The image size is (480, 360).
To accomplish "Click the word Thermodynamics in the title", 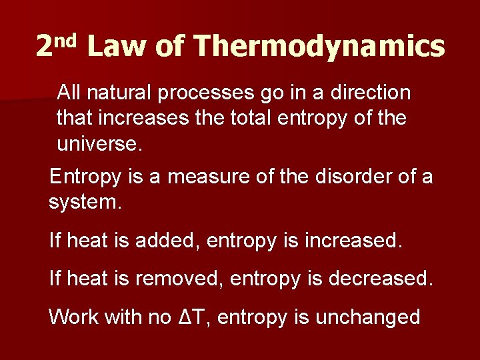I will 319,47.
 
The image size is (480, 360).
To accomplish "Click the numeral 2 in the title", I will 44,47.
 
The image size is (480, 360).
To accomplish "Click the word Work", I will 73,317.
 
